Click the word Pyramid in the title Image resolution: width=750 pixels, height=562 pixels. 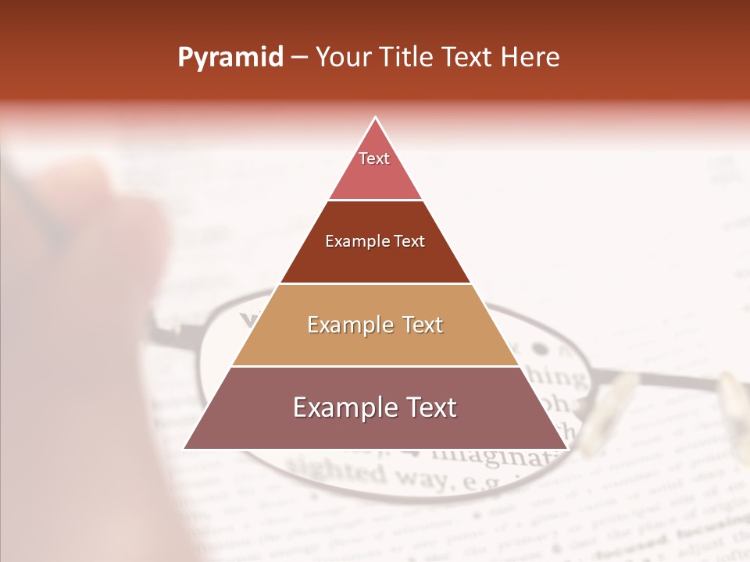230,58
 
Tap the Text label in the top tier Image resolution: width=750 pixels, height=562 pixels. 374,158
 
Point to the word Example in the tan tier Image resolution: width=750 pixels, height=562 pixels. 349,325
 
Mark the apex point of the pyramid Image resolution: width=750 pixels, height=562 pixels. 376,118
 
